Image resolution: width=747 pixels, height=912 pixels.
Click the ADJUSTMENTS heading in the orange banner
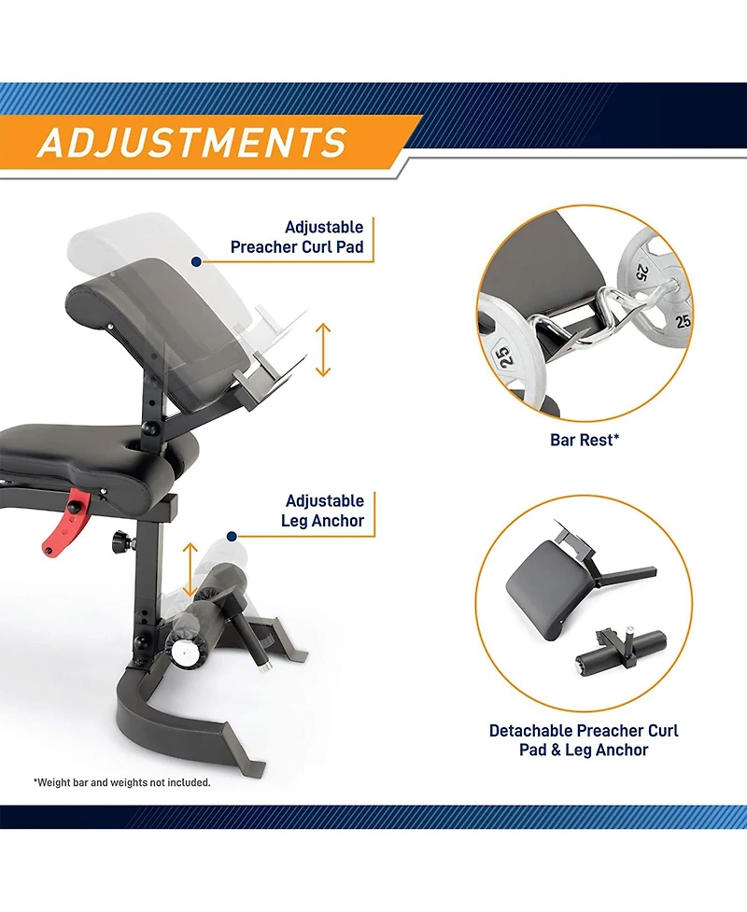point(192,143)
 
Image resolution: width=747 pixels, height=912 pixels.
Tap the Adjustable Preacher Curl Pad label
point(297,237)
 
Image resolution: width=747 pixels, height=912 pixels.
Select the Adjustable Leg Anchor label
point(323,510)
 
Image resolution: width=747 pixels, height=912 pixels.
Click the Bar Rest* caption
point(585,440)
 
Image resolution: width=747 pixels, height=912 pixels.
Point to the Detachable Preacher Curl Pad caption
point(584,740)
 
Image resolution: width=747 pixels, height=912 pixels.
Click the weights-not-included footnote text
point(122,782)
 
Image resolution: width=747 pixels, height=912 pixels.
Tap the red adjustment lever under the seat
point(65,522)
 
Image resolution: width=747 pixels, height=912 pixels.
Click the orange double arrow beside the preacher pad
point(323,350)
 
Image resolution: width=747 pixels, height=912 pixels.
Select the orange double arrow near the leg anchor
point(190,570)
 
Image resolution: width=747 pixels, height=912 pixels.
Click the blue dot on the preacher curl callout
point(197,262)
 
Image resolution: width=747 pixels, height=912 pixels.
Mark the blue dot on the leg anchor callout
point(232,536)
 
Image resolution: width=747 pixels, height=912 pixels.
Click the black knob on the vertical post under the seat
point(122,540)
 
